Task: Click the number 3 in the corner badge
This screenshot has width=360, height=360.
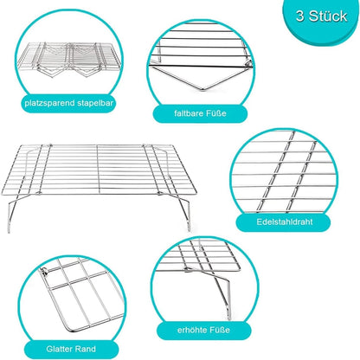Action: click(300, 16)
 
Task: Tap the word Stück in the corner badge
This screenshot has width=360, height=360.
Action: click(328, 16)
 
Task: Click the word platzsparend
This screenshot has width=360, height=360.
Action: click(49, 103)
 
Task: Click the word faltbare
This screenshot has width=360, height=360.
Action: click(189, 113)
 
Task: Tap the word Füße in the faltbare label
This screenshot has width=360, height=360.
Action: click(215, 113)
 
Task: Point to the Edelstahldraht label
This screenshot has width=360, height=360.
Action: click(285, 222)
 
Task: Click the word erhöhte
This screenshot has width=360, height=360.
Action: click(192, 330)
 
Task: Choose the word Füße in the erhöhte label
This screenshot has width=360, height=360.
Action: click(220, 330)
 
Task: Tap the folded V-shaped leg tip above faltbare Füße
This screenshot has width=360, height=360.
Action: click(202, 89)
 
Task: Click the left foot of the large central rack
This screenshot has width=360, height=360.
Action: click(9, 230)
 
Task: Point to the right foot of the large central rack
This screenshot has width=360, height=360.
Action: click(189, 228)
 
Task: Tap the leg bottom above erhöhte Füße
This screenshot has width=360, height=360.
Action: click(229, 318)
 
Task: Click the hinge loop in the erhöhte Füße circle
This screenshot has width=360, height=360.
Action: click(188, 270)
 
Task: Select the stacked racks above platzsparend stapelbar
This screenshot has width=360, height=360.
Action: click(68, 60)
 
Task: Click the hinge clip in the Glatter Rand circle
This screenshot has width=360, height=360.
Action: click(44, 271)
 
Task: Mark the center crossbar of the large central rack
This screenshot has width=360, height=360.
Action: click(98, 169)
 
